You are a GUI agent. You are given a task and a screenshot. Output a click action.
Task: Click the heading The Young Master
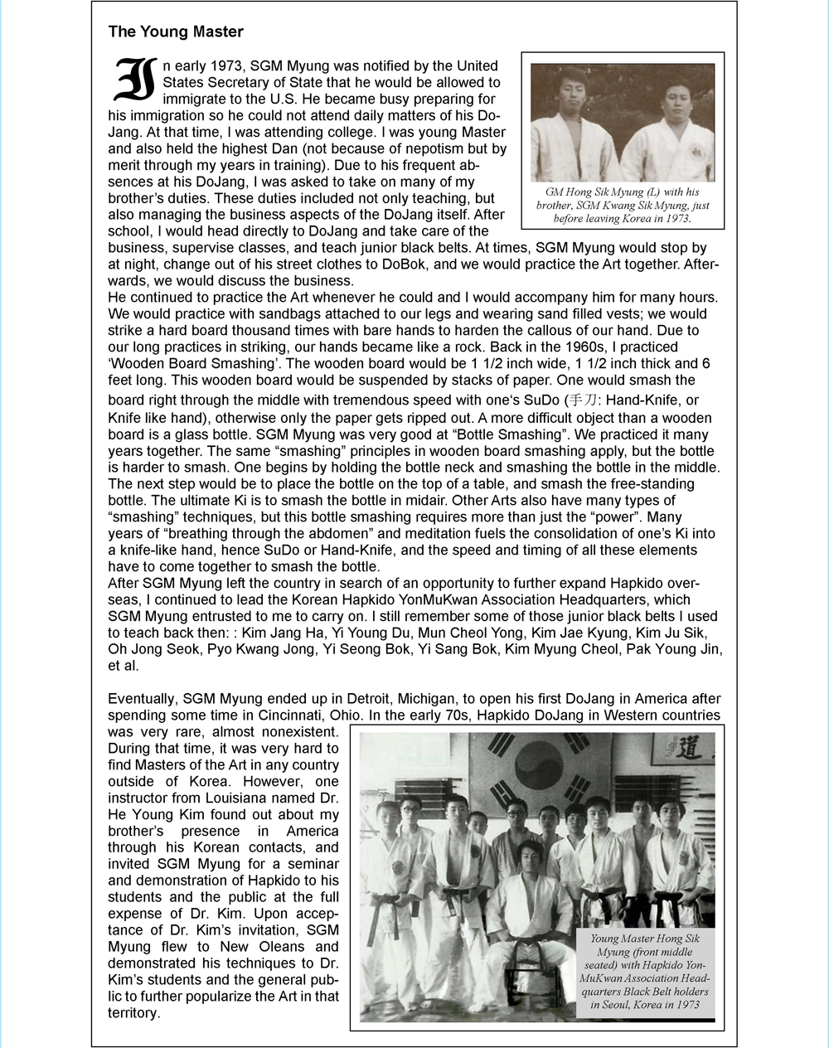[x=176, y=32]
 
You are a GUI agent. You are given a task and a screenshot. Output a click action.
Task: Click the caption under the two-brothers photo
[x=623, y=206]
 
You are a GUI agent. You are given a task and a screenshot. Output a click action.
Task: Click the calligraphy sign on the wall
[x=681, y=750]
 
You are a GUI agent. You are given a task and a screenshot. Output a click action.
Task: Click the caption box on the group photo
[x=644, y=971]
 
